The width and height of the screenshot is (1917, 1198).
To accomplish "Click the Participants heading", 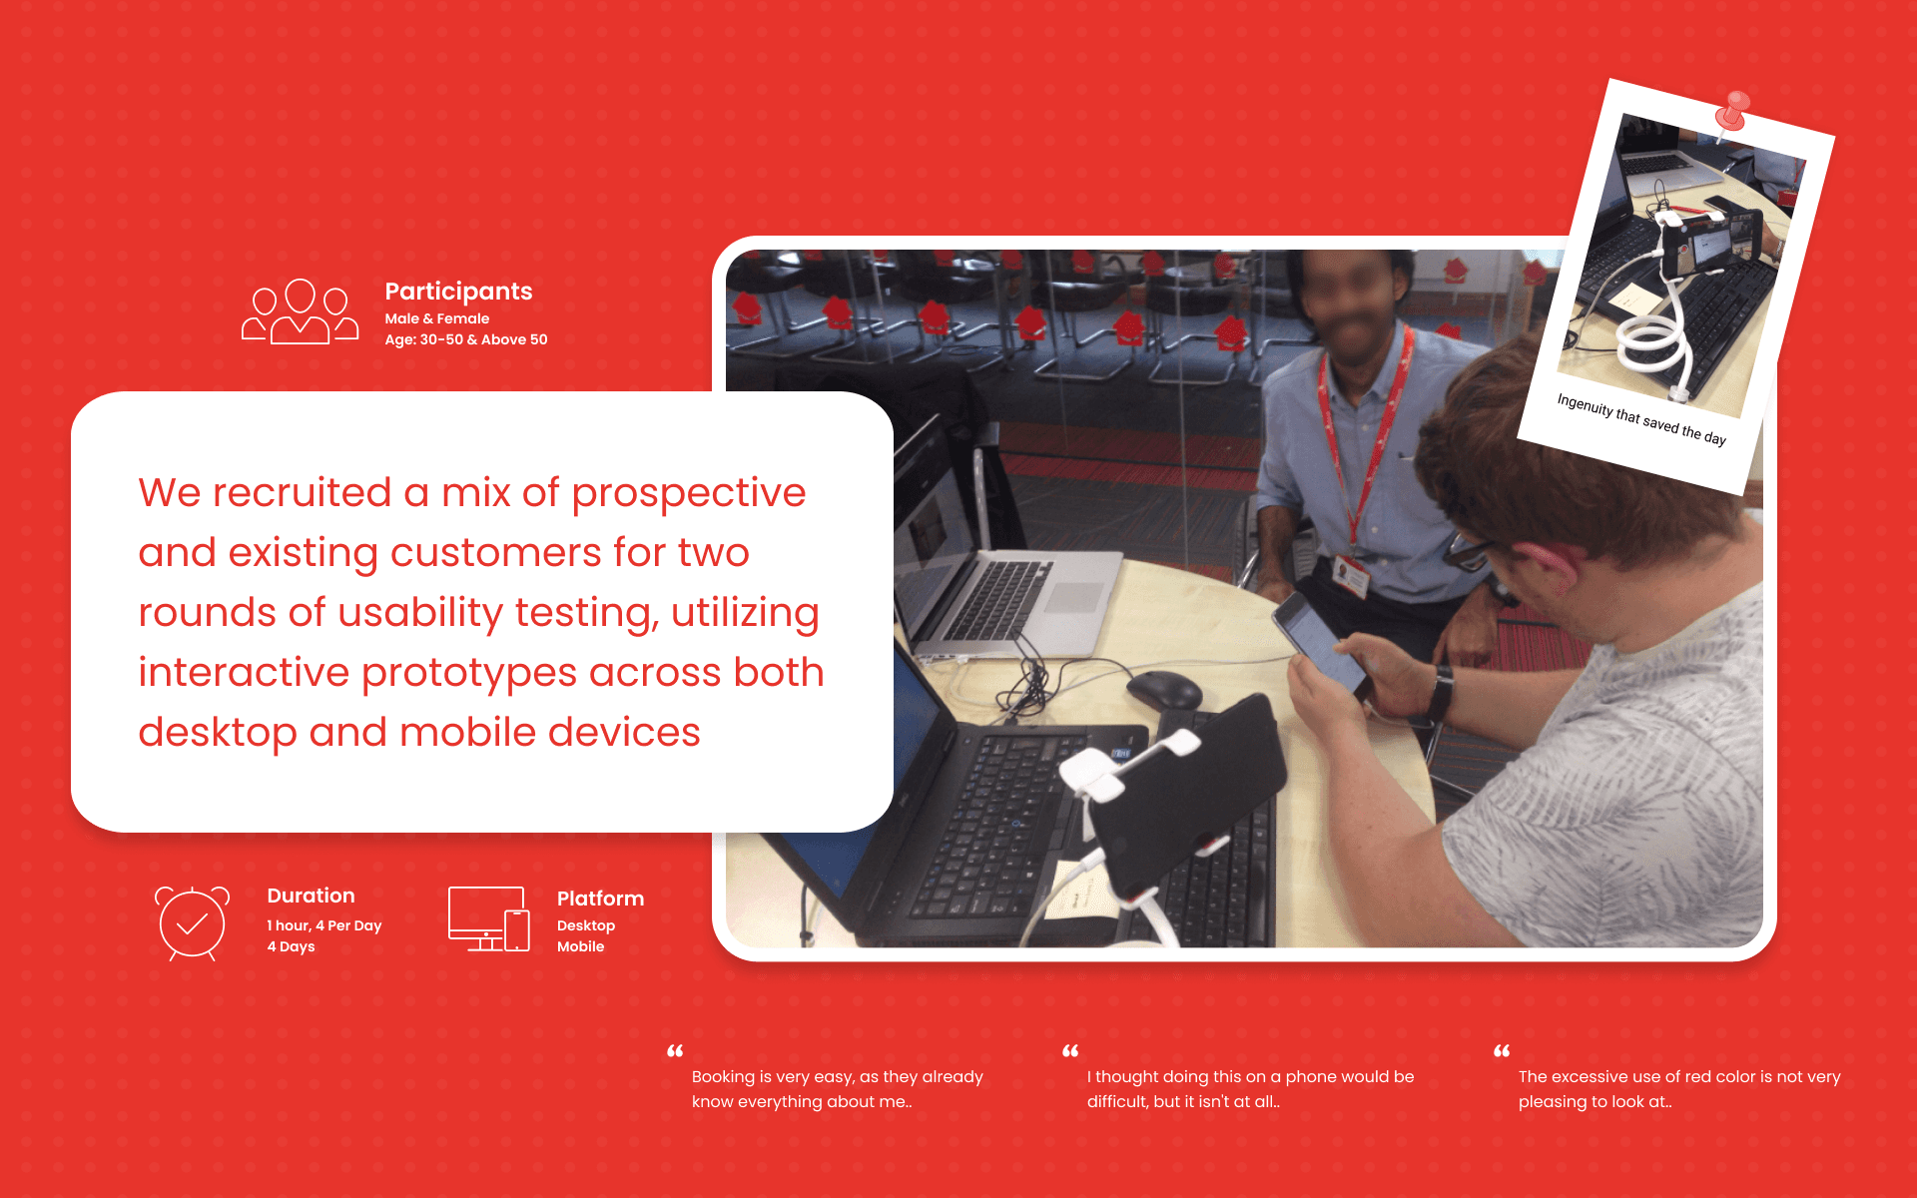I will (x=458, y=292).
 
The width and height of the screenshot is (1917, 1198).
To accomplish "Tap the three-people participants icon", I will (x=300, y=311).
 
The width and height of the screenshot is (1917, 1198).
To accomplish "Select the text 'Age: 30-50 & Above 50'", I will (x=465, y=339).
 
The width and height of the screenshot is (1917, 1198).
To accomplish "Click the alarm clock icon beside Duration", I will (x=192, y=923).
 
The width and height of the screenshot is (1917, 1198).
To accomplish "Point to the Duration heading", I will (x=311, y=896).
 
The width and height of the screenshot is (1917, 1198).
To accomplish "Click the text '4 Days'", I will (x=291, y=946).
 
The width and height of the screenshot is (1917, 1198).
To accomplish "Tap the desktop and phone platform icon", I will (x=488, y=918).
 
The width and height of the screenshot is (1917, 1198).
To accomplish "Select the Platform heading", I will (x=600, y=898).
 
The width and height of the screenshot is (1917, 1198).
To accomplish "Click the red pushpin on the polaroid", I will (x=1734, y=110).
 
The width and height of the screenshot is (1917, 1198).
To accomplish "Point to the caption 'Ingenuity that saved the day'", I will (x=1641, y=419).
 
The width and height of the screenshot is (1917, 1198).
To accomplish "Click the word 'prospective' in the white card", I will (x=688, y=493).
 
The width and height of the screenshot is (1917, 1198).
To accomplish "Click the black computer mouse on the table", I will (x=1164, y=689).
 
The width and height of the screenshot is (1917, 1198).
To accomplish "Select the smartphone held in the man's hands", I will (x=1321, y=644).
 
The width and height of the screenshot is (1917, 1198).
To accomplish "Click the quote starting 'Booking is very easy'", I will (x=837, y=1089).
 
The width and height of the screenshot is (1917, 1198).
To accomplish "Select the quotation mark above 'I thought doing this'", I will (x=1070, y=1051).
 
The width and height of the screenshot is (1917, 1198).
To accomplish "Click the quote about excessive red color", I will (x=1678, y=1089).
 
